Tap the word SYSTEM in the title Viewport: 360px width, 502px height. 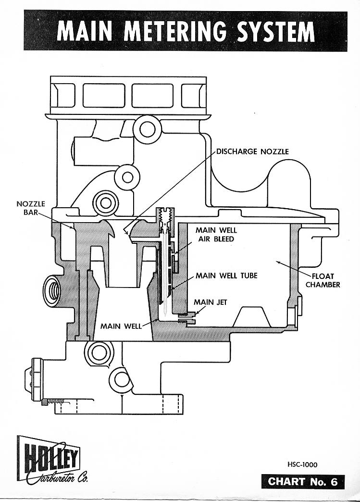pyautogui.click(x=273, y=32)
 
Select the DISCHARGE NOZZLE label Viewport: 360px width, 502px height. pyautogui.click(x=252, y=151)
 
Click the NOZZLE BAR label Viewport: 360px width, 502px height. pyautogui.click(x=30, y=208)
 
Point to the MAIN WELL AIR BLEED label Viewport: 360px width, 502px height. pyautogui.click(x=216, y=234)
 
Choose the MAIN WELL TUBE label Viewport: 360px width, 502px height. pyautogui.click(x=226, y=276)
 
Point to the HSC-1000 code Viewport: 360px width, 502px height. pyautogui.click(x=302, y=464)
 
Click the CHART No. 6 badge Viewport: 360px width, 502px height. pyautogui.click(x=303, y=482)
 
